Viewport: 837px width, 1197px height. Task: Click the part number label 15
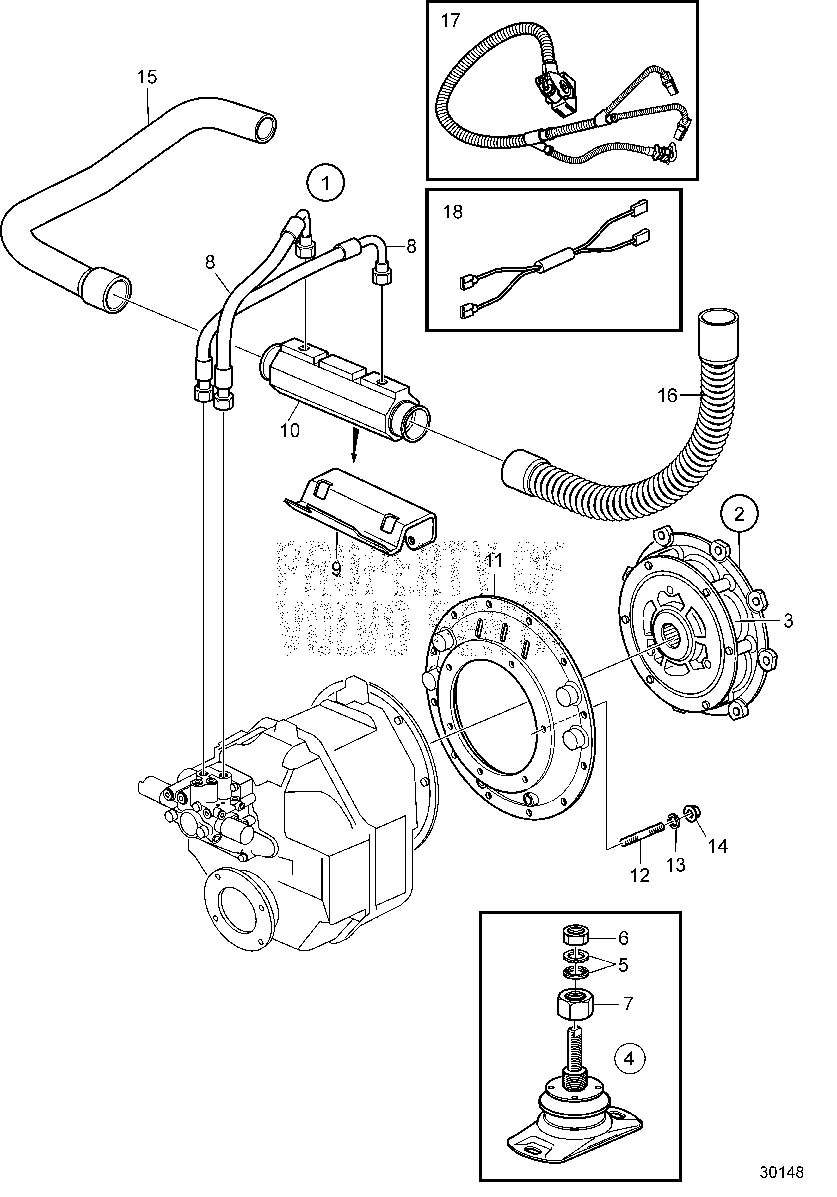pyautogui.click(x=147, y=77)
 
